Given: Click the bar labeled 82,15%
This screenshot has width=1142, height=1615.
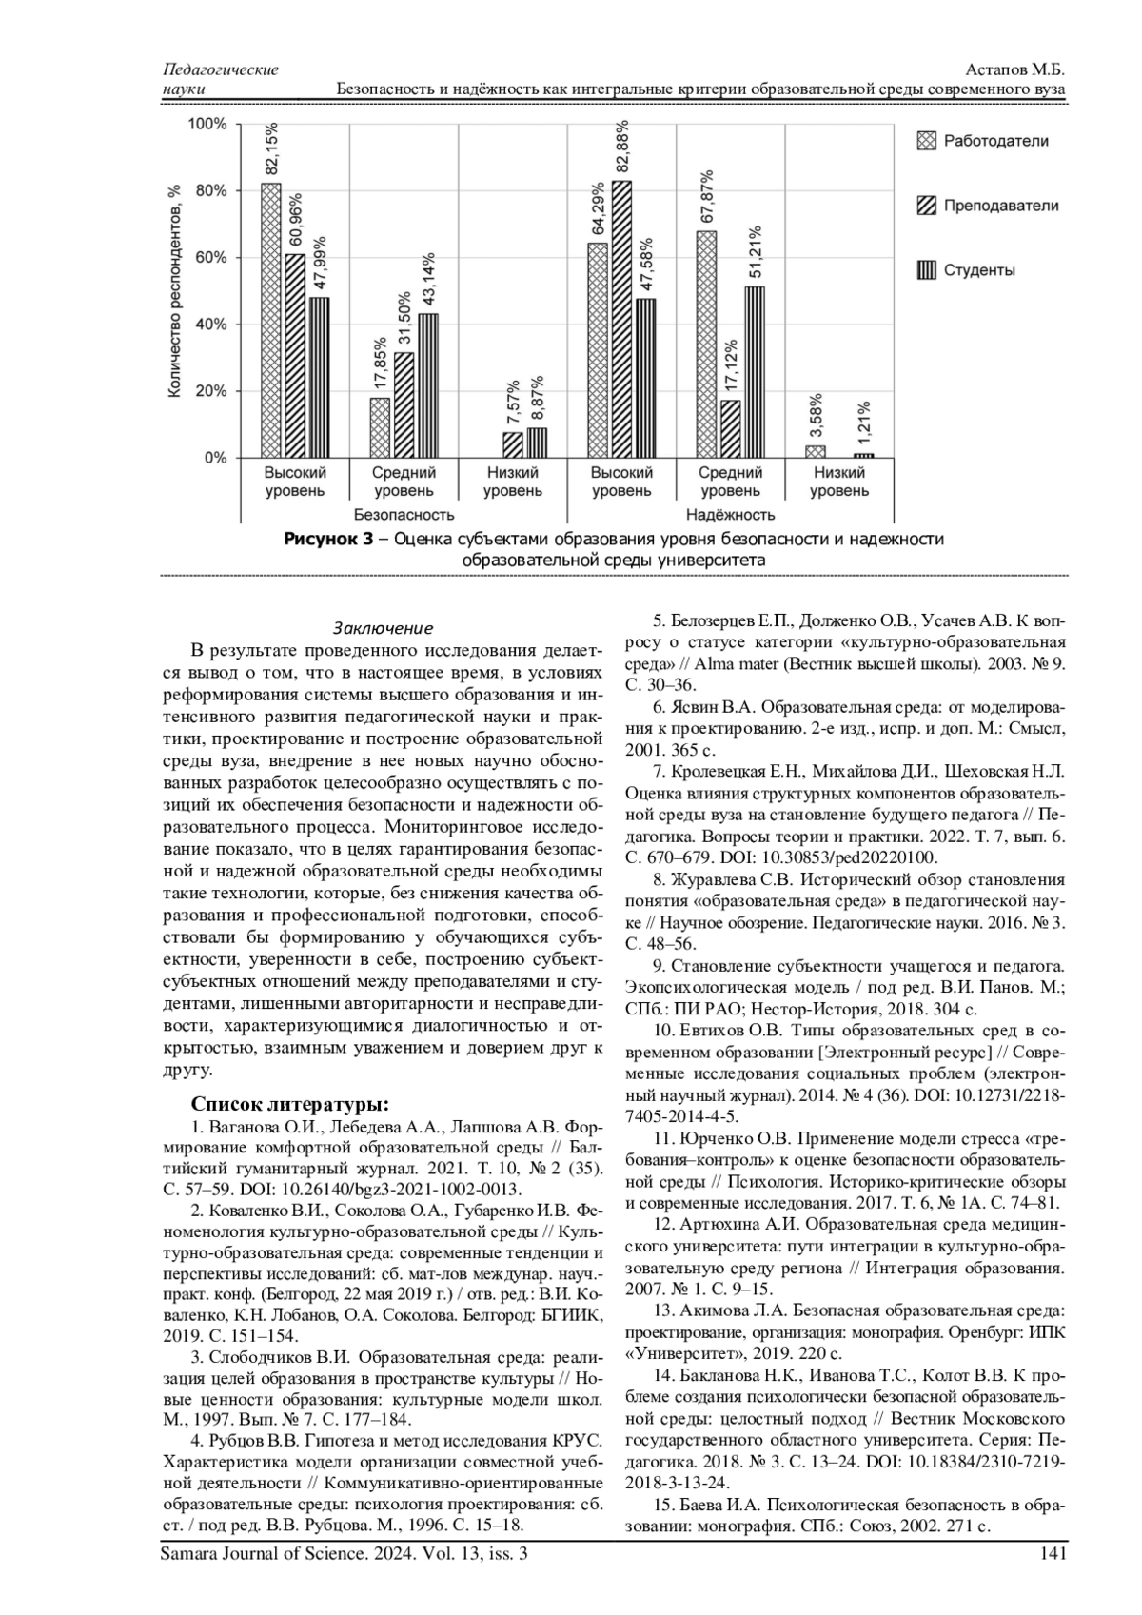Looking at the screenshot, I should tap(271, 320).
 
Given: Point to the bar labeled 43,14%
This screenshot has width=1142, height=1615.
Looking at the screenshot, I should tap(428, 385).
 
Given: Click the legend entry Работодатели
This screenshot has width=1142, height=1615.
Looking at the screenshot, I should tap(995, 141).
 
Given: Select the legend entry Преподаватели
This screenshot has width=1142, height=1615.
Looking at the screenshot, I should tap(1000, 206).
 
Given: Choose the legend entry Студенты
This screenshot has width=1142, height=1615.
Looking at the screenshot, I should tap(979, 270).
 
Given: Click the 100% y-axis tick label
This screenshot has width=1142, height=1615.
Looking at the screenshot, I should tap(207, 124).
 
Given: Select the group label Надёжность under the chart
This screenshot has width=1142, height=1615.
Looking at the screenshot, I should tap(730, 515).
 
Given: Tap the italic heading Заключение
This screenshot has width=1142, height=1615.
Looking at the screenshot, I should tap(383, 628).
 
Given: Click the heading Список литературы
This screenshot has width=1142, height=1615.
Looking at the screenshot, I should tap(290, 1105).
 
